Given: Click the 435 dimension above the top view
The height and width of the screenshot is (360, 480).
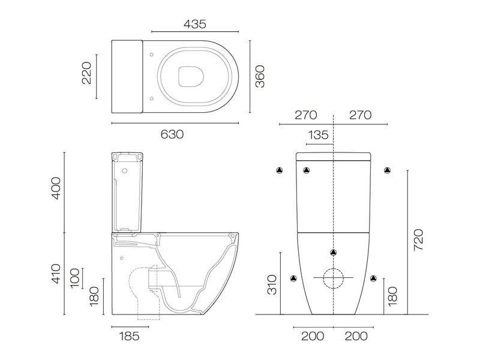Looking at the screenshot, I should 195,24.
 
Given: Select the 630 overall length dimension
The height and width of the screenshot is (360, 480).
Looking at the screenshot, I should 172,134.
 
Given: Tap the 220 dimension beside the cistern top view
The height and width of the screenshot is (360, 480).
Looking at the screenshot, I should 86,73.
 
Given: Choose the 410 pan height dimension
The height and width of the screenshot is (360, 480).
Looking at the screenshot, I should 55,273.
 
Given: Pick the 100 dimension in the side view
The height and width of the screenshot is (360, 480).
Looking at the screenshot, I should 74,278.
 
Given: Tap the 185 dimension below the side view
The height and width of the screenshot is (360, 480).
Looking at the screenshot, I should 127,335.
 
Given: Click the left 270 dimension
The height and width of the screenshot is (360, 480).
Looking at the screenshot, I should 305,115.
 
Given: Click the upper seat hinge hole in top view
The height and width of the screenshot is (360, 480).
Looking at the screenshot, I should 151,55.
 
